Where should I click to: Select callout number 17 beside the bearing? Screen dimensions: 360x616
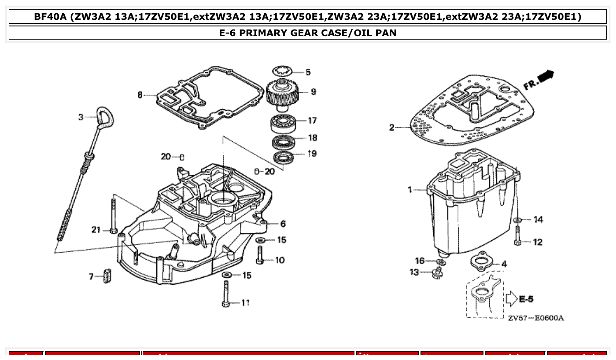[x=312, y=120]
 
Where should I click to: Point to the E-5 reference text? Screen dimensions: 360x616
[x=526, y=299]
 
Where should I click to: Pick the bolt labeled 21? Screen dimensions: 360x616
[x=114, y=216]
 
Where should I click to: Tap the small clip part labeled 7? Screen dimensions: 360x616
[x=106, y=276]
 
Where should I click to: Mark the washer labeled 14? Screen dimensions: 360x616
[x=518, y=220]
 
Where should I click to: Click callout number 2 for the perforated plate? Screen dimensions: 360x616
[x=391, y=128]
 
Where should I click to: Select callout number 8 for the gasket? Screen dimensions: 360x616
[x=140, y=95]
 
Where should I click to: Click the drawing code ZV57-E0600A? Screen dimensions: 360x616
[x=535, y=318]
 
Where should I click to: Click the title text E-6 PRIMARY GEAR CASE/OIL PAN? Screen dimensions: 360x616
[x=308, y=33]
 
